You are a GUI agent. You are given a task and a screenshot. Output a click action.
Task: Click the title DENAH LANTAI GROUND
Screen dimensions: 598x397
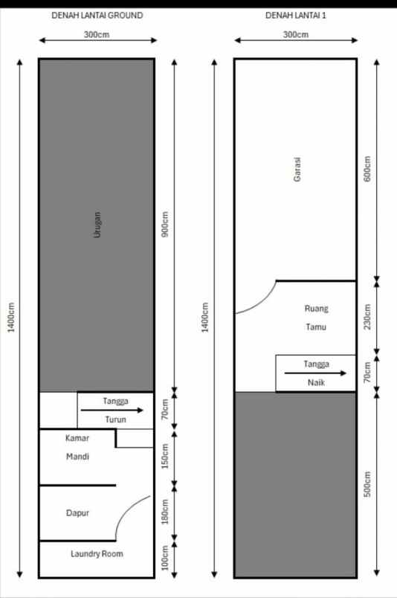97,15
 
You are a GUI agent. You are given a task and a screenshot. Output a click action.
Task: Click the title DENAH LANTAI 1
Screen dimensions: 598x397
296,15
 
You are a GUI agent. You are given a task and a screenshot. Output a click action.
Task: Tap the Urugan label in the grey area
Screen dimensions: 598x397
97,225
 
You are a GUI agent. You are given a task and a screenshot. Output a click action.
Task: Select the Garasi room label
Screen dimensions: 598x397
297,174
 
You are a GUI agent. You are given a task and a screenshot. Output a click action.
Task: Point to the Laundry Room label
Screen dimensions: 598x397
97,554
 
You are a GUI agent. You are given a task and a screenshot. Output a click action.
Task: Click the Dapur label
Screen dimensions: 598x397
77,513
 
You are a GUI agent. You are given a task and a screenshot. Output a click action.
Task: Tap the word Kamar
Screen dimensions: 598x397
77,438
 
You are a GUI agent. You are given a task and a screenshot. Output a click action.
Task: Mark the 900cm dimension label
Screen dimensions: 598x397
166,225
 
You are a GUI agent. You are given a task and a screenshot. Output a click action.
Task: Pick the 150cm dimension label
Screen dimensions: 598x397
166,456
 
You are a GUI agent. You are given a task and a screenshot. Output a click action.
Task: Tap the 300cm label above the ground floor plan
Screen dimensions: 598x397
97,35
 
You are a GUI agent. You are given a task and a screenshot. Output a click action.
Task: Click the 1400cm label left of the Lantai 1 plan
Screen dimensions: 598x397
206,318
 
